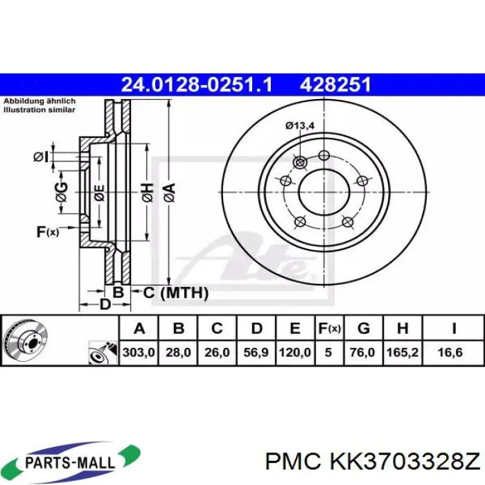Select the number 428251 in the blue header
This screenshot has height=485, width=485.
click(x=335, y=85)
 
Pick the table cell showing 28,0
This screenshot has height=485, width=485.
click(x=178, y=353)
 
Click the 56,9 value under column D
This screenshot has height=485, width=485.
click(x=256, y=353)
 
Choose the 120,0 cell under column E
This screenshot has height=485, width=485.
click(x=294, y=353)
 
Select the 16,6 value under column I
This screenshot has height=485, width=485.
click(x=453, y=353)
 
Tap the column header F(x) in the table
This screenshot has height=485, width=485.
click(x=329, y=328)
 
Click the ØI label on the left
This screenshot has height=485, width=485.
click(x=41, y=157)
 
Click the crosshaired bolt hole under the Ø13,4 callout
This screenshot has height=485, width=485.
click(x=300, y=162)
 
